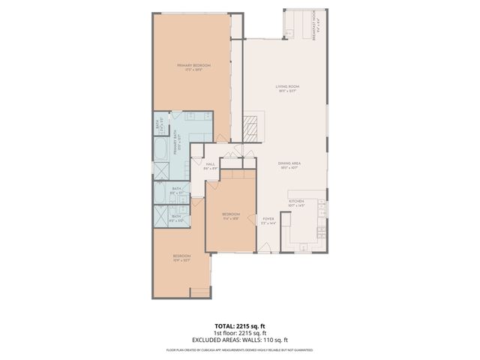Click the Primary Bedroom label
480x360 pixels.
click(193, 67)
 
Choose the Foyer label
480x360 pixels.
click(268, 222)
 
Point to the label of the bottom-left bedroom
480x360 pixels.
click(181, 259)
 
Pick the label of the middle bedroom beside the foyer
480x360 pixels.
click(230, 216)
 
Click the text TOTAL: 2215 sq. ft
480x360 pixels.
click(239, 326)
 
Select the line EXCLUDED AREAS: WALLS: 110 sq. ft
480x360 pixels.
click(239, 339)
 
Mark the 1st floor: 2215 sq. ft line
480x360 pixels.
click(239, 333)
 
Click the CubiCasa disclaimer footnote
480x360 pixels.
click(239, 349)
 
